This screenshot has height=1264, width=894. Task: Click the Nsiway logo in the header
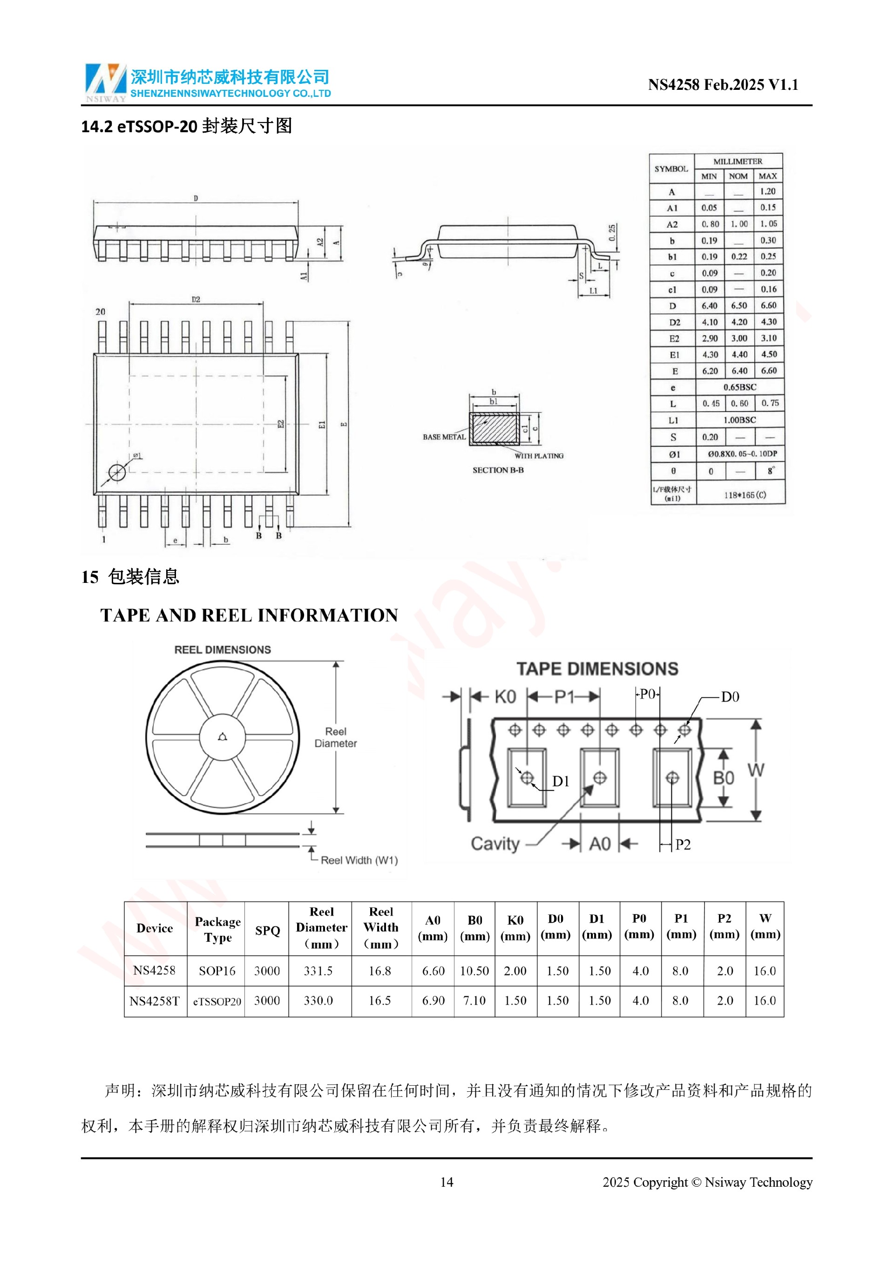105,82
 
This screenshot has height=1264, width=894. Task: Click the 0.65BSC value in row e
739,387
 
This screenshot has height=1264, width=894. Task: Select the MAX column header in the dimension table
767,176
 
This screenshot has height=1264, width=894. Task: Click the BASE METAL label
444,437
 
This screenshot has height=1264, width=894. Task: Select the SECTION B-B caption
498,470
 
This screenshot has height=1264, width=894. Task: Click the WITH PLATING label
538,456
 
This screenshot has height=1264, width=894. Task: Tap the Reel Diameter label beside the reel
335,737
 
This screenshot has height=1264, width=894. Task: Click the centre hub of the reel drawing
223,737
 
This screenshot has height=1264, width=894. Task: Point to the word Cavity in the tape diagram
495,844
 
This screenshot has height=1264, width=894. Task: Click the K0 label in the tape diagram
505,697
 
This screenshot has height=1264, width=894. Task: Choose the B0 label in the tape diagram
723,778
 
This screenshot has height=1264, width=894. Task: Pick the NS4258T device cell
155,1001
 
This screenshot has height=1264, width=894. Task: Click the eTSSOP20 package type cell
217,1001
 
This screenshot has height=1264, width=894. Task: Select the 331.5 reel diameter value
318,971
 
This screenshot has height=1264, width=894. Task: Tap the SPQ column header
267,930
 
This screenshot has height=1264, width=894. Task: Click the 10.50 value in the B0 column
474,971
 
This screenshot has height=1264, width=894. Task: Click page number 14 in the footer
447,1182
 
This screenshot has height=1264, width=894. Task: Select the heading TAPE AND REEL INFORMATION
249,615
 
